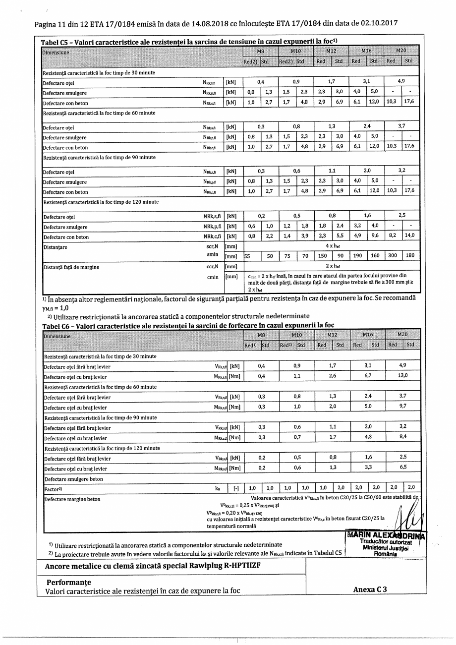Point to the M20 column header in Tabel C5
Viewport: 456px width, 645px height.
tap(401, 51)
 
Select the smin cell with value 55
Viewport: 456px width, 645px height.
tap(248, 256)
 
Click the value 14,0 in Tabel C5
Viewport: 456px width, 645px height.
tap(409, 236)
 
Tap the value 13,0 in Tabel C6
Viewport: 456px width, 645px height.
tap(402, 376)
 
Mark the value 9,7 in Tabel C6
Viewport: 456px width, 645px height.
tap(402, 406)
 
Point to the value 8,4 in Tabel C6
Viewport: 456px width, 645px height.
tap(402, 437)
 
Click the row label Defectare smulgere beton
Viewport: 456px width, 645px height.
tap(74, 479)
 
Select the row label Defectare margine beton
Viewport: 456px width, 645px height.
tap(72, 499)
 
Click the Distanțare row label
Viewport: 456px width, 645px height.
tap(56, 247)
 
